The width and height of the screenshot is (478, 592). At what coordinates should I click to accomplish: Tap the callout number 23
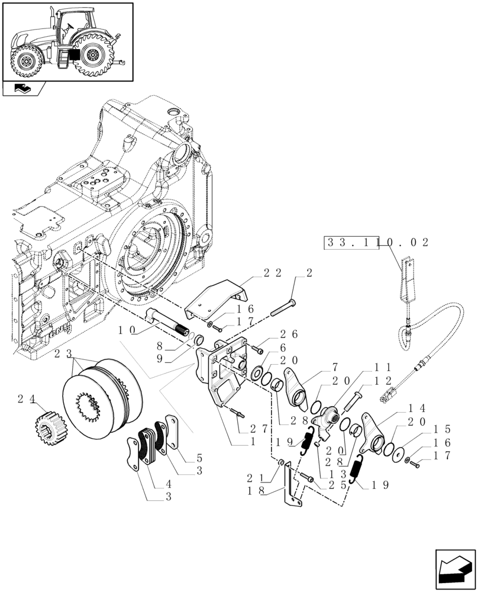[x=63, y=353]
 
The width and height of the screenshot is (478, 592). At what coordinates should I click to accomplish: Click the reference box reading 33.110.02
[x=376, y=243]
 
